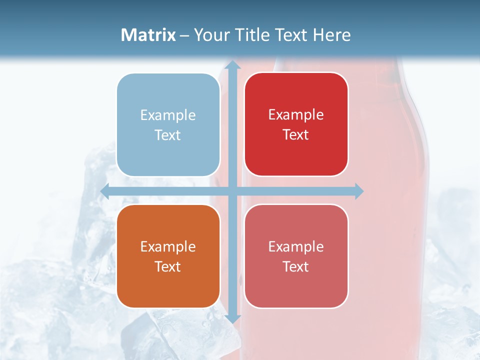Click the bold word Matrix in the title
click(x=148, y=35)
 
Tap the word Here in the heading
click(x=331, y=35)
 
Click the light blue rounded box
click(x=168, y=125)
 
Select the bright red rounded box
click(x=296, y=124)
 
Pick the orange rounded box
click(x=168, y=256)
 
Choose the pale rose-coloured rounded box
click(x=296, y=256)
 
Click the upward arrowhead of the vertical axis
click(x=232, y=65)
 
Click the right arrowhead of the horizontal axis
click(x=358, y=191)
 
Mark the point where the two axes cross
click(x=232, y=191)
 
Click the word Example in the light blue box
click(x=168, y=115)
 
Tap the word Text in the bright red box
click(x=296, y=135)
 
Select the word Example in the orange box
click(x=168, y=247)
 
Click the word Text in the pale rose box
click(x=296, y=266)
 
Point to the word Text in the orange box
click(x=168, y=266)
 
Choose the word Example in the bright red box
click(x=296, y=115)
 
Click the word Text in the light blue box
click(x=168, y=135)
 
